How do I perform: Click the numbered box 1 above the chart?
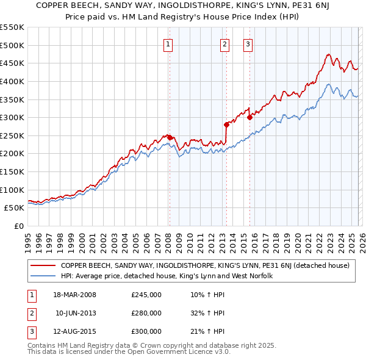168,44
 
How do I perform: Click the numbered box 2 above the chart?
224,44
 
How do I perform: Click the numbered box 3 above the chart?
248,44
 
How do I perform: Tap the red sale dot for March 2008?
170,137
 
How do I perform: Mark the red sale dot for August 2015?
249,118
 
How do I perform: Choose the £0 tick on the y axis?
18,226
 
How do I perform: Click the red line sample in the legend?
43,265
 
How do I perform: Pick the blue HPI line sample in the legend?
43,276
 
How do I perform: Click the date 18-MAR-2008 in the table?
74,295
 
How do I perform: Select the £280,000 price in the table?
146,313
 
